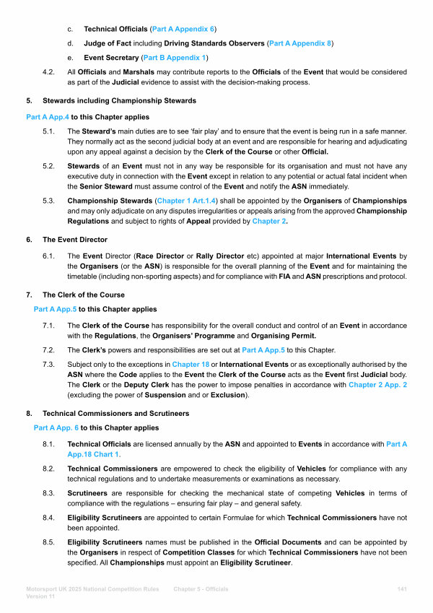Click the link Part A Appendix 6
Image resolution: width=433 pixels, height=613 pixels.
coord(183,29)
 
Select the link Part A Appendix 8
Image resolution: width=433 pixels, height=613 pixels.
coord(300,43)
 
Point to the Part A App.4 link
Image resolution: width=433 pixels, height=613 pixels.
coord(47,116)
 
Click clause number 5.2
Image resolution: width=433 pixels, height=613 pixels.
coord(48,165)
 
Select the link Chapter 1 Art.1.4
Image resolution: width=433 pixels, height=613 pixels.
coord(185,200)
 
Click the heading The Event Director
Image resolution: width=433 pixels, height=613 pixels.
coord(75,239)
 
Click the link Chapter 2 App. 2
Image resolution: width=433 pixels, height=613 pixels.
coord(377,385)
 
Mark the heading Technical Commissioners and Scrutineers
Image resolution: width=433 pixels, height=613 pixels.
coord(116,414)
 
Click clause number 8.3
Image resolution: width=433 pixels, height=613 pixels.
coord(48,492)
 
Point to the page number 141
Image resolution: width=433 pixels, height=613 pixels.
coord(403,589)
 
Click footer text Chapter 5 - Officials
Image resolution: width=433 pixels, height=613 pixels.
coord(201,589)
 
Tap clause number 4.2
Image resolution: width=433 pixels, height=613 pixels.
coord(48,71)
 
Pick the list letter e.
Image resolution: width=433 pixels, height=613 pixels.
coord(70,57)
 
